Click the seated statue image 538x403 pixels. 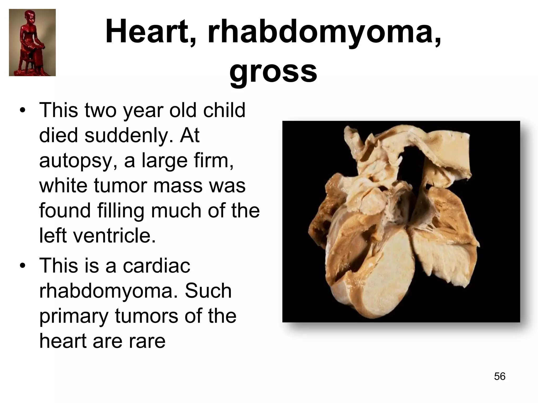[32, 43]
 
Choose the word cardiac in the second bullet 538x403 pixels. [157, 266]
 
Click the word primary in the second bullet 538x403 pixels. [74, 316]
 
